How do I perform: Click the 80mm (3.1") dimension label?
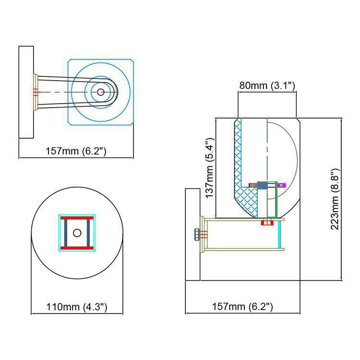click(x=267, y=85)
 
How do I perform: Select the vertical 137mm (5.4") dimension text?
click(x=209, y=168)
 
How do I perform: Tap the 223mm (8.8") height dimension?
click(x=335, y=199)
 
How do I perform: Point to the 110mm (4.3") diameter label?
click(x=77, y=307)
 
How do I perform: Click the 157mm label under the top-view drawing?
click(x=76, y=151)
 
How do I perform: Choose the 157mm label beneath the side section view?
click(x=242, y=307)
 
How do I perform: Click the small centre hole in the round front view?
click(x=77, y=233)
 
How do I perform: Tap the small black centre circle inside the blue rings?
click(x=101, y=92)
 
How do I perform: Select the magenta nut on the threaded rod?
click(x=281, y=185)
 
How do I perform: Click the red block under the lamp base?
click(x=267, y=222)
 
